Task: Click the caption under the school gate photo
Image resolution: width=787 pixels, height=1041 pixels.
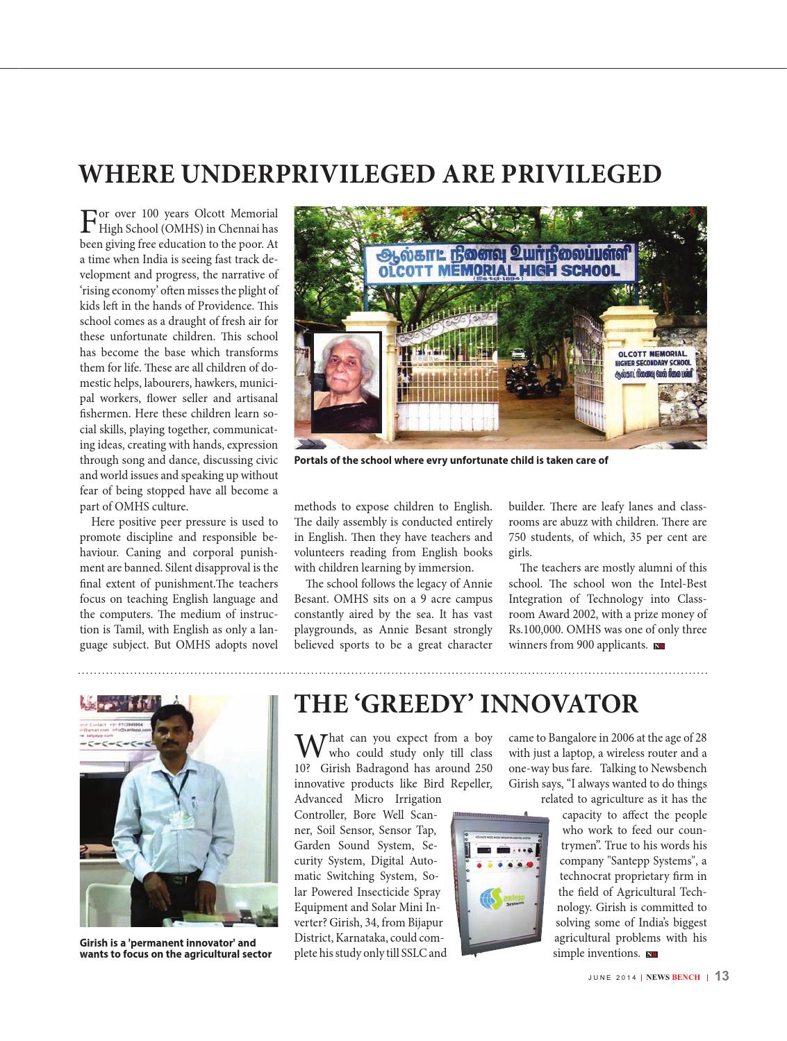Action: coord(451,460)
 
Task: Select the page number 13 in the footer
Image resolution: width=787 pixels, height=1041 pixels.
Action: coord(722,976)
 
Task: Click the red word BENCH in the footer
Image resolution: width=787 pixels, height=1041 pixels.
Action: coord(685,977)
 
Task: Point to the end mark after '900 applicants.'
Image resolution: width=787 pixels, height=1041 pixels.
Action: coord(659,647)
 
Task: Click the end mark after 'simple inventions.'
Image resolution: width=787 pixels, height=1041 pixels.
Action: coord(652,955)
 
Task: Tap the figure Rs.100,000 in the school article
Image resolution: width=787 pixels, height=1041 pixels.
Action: coord(536,630)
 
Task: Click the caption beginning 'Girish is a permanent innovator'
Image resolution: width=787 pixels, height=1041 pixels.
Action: coord(175,949)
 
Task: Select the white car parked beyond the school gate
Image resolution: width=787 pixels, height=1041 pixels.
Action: coord(517,353)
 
